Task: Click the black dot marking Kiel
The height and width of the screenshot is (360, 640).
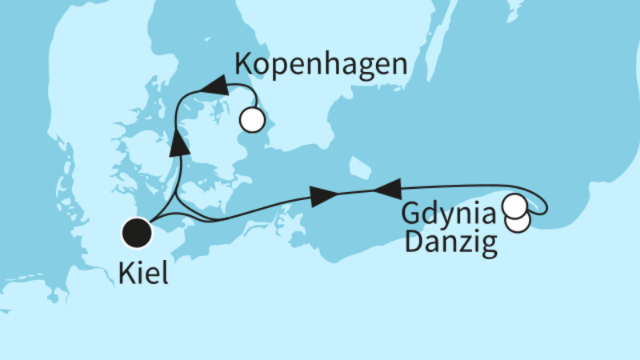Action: point(137,234)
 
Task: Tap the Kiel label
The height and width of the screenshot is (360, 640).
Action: point(143,275)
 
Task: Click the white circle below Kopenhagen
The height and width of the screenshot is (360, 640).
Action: point(252,120)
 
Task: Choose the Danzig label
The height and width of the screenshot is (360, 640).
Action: point(450,242)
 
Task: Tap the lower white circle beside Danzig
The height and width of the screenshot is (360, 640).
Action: point(518,222)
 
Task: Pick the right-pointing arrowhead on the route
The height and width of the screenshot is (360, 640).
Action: point(322,196)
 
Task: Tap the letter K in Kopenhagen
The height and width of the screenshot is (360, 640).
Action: point(245,66)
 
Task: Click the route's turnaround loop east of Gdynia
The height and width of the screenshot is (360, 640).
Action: point(543,203)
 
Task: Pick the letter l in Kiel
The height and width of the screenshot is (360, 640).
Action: point(164,275)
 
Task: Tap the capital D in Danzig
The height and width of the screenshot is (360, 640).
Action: point(413,242)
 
